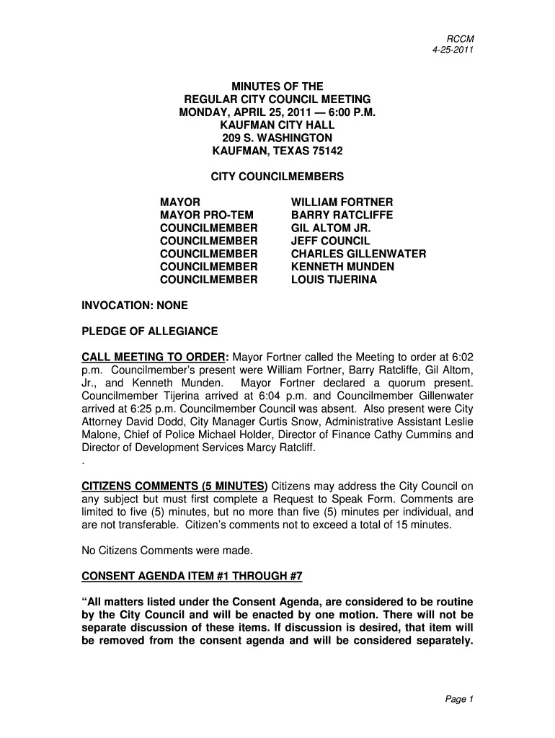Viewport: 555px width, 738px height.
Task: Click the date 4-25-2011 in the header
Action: [452, 50]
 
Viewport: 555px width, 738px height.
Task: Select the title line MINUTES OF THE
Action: [277, 86]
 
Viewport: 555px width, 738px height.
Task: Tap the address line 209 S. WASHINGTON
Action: [277, 138]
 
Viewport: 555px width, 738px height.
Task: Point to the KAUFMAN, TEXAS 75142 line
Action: [277, 151]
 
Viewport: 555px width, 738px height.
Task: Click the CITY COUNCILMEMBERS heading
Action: [277, 177]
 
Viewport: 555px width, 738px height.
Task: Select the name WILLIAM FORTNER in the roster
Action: [342, 203]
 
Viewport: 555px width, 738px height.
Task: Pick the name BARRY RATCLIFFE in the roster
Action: [342, 215]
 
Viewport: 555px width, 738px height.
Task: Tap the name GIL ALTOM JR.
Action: [326, 228]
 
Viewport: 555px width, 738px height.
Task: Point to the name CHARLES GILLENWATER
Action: [358, 254]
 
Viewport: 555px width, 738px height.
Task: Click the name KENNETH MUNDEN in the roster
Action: [342, 267]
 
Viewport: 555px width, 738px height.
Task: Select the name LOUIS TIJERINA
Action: [334, 280]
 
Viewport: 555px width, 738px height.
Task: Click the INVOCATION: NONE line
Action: [134, 306]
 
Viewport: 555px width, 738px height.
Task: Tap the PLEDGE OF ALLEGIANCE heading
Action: [149, 332]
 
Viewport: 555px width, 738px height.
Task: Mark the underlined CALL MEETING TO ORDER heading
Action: [154, 357]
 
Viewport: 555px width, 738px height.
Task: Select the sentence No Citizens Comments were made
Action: [167, 551]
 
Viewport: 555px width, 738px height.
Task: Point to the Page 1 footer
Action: [458, 698]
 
